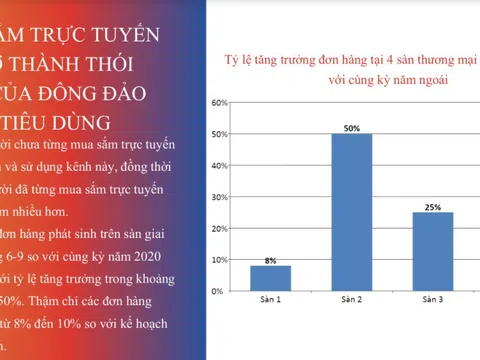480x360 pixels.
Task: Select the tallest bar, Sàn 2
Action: (x=351, y=212)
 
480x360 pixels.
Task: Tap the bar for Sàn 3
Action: (x=432, y=251)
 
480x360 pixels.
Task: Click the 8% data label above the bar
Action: (x=270, y=260)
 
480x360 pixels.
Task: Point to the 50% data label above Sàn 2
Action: (x=351, y=128)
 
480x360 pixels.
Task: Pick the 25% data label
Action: (x=432, y=207)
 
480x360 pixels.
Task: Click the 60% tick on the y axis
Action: (x=220, y=103)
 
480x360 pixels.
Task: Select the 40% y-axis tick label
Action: (x=220, y=166)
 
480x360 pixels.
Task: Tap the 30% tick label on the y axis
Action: (x=220, y=197)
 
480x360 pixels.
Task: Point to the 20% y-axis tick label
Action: (x=220, y=228)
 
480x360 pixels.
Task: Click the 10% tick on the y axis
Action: (x=220, y=259)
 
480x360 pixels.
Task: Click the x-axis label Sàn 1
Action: (x=270, y=300)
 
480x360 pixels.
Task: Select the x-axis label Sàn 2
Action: (x=351, y=300)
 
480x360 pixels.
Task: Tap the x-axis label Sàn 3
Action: (x=432, y=300)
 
